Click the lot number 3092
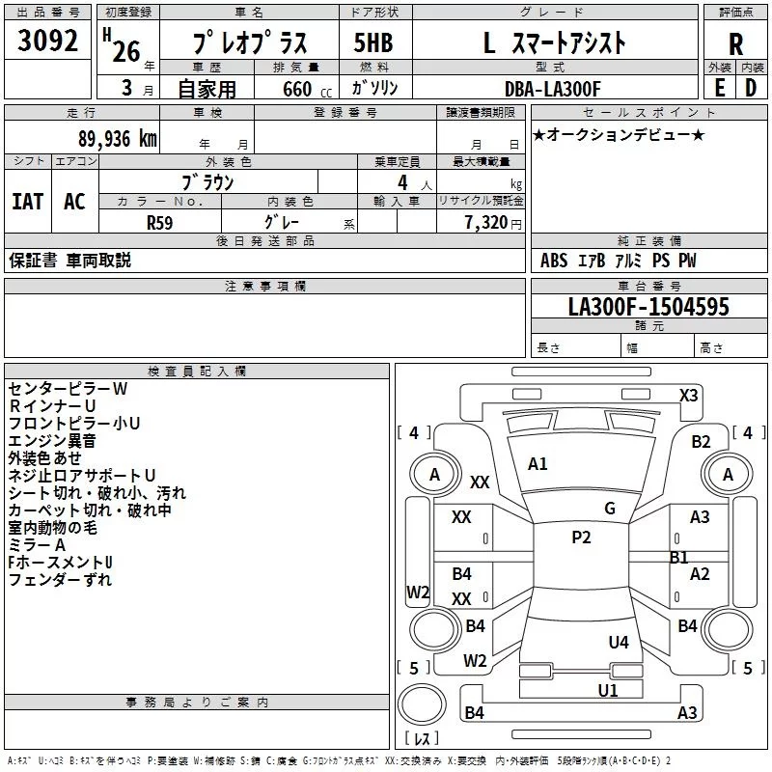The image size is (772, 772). point(47,41)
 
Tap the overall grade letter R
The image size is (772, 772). point(735,44)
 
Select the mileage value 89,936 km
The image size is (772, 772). point(118,139)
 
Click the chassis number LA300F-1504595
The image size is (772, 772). point(648,307)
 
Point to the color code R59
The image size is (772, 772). point(160,223)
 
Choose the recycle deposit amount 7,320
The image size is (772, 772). point(486,223)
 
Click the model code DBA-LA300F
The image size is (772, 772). point(553,89)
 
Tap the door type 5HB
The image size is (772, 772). point(373,42)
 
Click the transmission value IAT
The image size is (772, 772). point(28,202)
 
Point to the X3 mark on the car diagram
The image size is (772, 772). point(689,396)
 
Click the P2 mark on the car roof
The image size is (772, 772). point(581,538)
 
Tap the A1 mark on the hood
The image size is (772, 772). point(538,464)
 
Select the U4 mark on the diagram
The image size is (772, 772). point(619,643)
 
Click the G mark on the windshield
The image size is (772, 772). point(610,509)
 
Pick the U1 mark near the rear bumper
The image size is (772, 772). point(608,691)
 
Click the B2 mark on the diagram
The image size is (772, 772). point(702,442)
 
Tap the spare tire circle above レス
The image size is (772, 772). point(422,704)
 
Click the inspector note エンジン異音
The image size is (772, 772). point(52,441)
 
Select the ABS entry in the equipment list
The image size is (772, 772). point(554,261)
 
